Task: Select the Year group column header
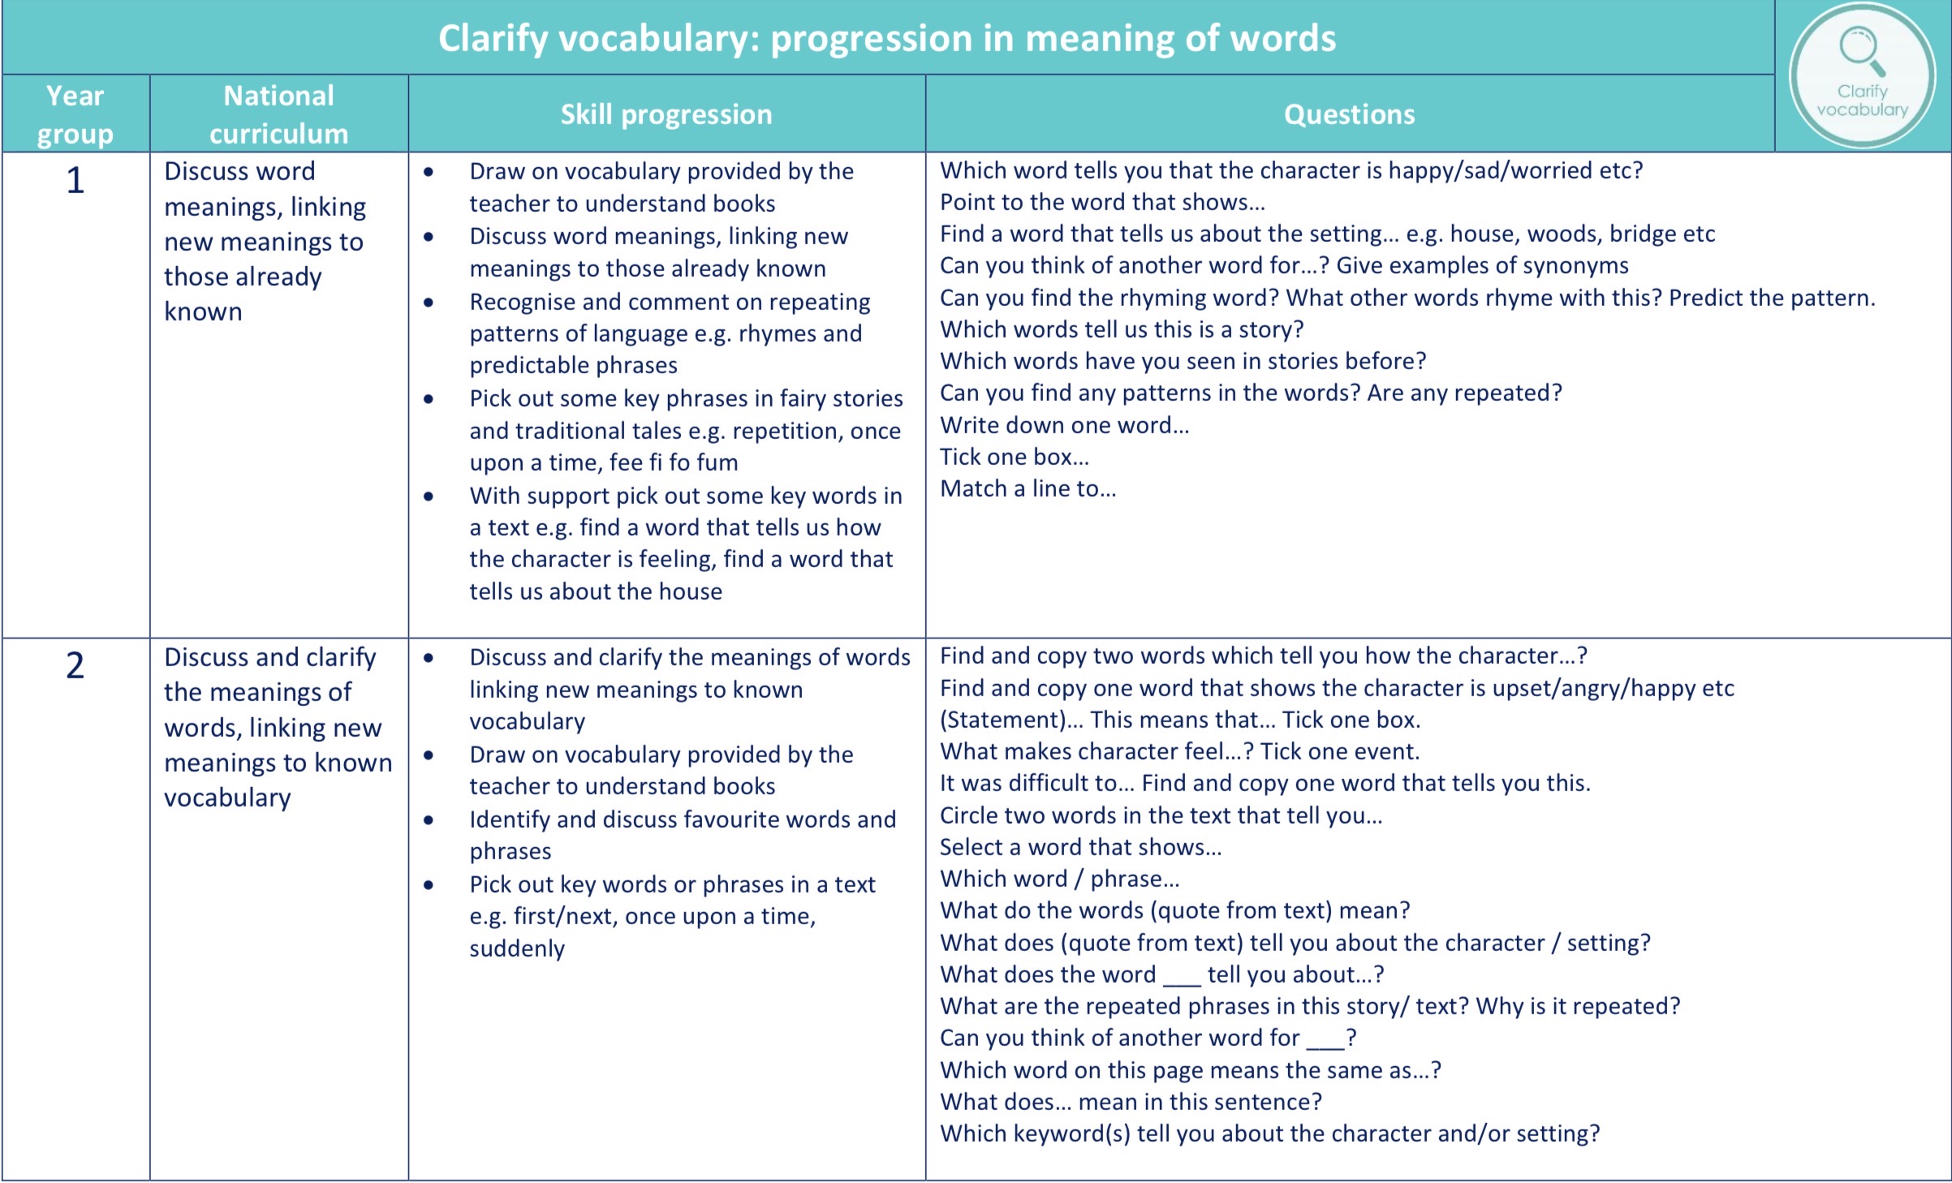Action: (x=75, y=114)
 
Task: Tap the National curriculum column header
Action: (x=278, y=114)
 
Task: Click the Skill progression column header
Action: (x=666, y=114)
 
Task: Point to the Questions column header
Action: (x=1349, y=114)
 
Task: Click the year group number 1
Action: (x=75, y=180)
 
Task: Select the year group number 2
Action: (x=75, y=665)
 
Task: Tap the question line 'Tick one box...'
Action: (x=1014, y=457)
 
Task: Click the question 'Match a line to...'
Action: (x=1028, y=488)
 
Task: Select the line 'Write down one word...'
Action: (x=1064, y=425)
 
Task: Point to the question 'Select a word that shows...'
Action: (x=1080, y=847)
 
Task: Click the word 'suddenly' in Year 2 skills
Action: (x=517, y=949)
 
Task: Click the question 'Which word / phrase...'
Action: (x=1059, y=879)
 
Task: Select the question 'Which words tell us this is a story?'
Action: (x=1122, y=329)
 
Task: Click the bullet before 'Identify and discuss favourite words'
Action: (x=429, y=819)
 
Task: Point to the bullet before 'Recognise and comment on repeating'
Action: (x=429, y=302)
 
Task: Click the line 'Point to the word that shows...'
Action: (x=1102, y=202)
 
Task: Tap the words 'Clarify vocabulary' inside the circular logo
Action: (x=1862, y=101)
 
